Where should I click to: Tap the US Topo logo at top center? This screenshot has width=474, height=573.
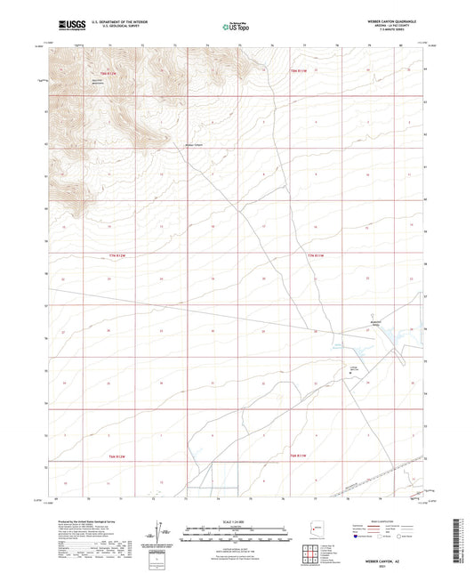pos(236,27)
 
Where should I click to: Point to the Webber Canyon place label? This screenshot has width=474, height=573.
pos(193,145)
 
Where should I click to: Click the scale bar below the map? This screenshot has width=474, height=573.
pos(237,531)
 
